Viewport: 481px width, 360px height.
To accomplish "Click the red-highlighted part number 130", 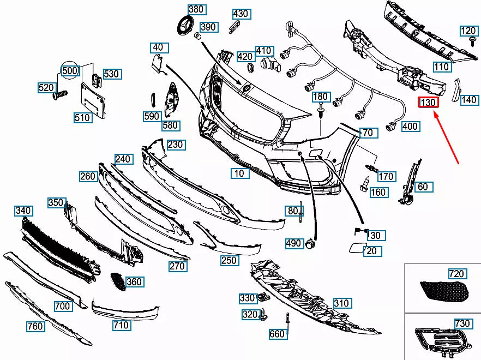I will click(428, 102).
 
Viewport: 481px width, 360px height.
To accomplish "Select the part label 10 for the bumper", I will click(239, 173).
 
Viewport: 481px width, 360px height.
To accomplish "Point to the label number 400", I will click(410, 127).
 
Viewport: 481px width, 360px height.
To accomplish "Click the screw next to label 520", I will click(59, 95).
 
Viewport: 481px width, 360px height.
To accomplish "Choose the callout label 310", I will click(341, 303).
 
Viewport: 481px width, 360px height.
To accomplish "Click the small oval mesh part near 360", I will click(116, 281).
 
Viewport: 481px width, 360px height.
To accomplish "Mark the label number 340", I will click(23, 211).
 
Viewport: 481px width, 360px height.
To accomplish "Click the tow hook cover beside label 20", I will click(354, 248).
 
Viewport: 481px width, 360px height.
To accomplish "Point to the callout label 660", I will click(277, 334).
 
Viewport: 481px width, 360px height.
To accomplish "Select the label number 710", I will click(121, 325).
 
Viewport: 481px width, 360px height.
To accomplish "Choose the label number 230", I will click(176, 145).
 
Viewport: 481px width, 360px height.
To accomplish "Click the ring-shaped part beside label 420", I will click(250, 68).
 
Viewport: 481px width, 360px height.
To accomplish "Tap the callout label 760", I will click(35, 327).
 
